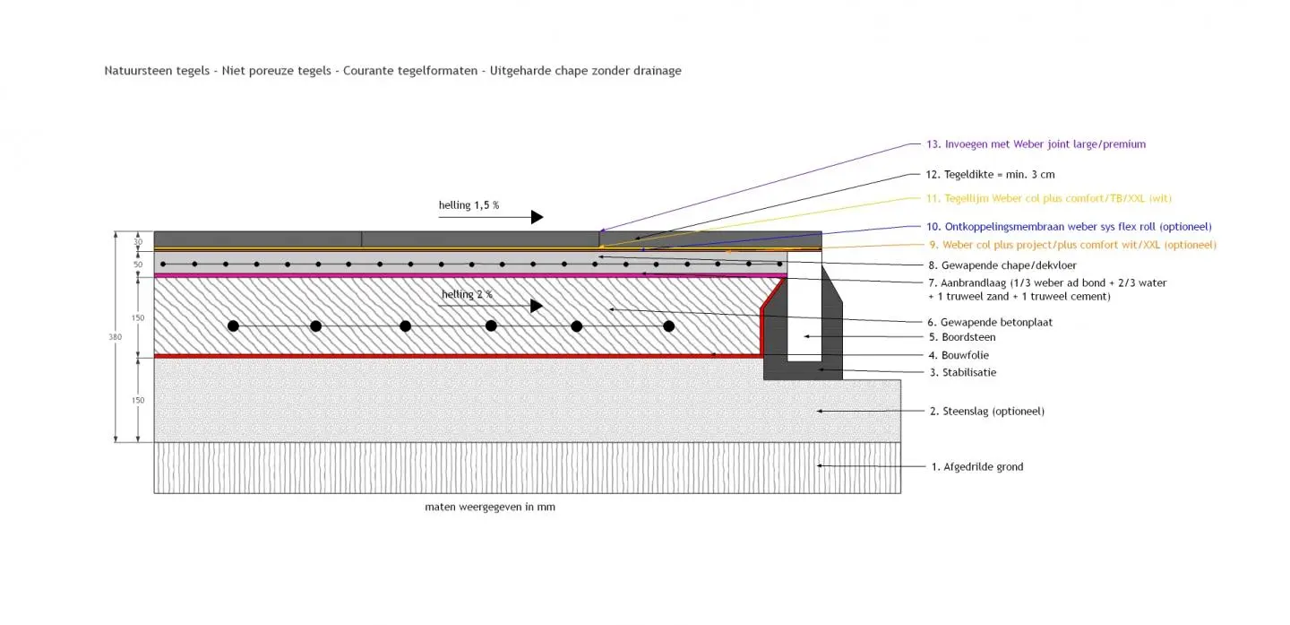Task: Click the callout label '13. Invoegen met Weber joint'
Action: (x=1036, y=144)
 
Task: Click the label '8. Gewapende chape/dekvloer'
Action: (x=1002, y=265)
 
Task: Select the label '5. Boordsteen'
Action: (x=961, y=338)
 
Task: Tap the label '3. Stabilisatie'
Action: (x=962, y=372)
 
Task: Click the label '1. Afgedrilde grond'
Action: (x=976, y=467)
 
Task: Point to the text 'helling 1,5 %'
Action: (x=469, y=205)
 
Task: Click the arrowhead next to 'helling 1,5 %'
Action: (x=537, y=217)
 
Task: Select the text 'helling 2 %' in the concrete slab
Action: (x=467, y=294)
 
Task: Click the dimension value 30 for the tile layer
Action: (x=138, y=241)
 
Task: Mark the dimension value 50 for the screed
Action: (x=138, y=265)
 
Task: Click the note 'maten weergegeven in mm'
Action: (x=489, y=508)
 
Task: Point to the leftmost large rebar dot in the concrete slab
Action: (x=233, y=326)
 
